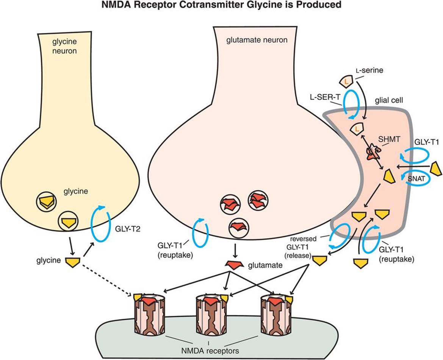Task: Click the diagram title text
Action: pos(221,6)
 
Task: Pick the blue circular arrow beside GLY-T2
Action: pos(100,225)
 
